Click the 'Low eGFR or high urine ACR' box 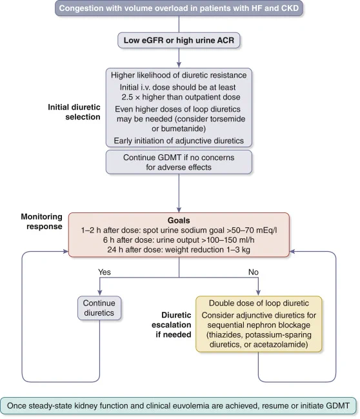[x=179, y=40]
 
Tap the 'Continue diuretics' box [x=99, y=308]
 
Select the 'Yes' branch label [x=104, y=272]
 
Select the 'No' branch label [x=253, y=272]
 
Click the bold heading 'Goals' [x=179, y=220]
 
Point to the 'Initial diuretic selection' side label [x=74, y=112]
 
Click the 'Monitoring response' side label [x=42, y=221]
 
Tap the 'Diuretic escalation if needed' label [x=172, y=325]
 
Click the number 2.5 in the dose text [x=127, y=97]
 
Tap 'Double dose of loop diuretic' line [x=259, y=303]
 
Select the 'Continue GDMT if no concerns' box [x=179, y=162]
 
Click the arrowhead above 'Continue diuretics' [x=99, y=292]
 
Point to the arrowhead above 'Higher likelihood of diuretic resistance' [x=179, y=65]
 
